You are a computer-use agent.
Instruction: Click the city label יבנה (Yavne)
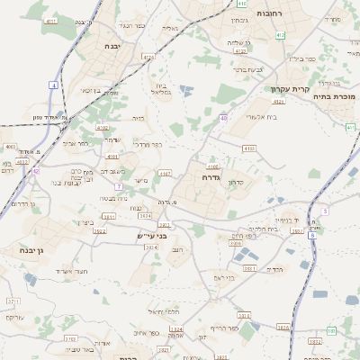(x=112, y=45)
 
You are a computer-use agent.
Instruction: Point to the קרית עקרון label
(x=289, y=89)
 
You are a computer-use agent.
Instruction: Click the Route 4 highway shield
(x=53, y=84)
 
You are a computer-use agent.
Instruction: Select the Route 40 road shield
(x=222, y=118)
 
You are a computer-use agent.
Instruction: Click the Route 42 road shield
(x=36, y=169)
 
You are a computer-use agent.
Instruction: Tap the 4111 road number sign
(x=49, y=20)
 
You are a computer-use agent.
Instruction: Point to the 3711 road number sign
(x=13, y=301)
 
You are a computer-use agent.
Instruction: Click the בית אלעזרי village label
(x=245, y=117)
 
